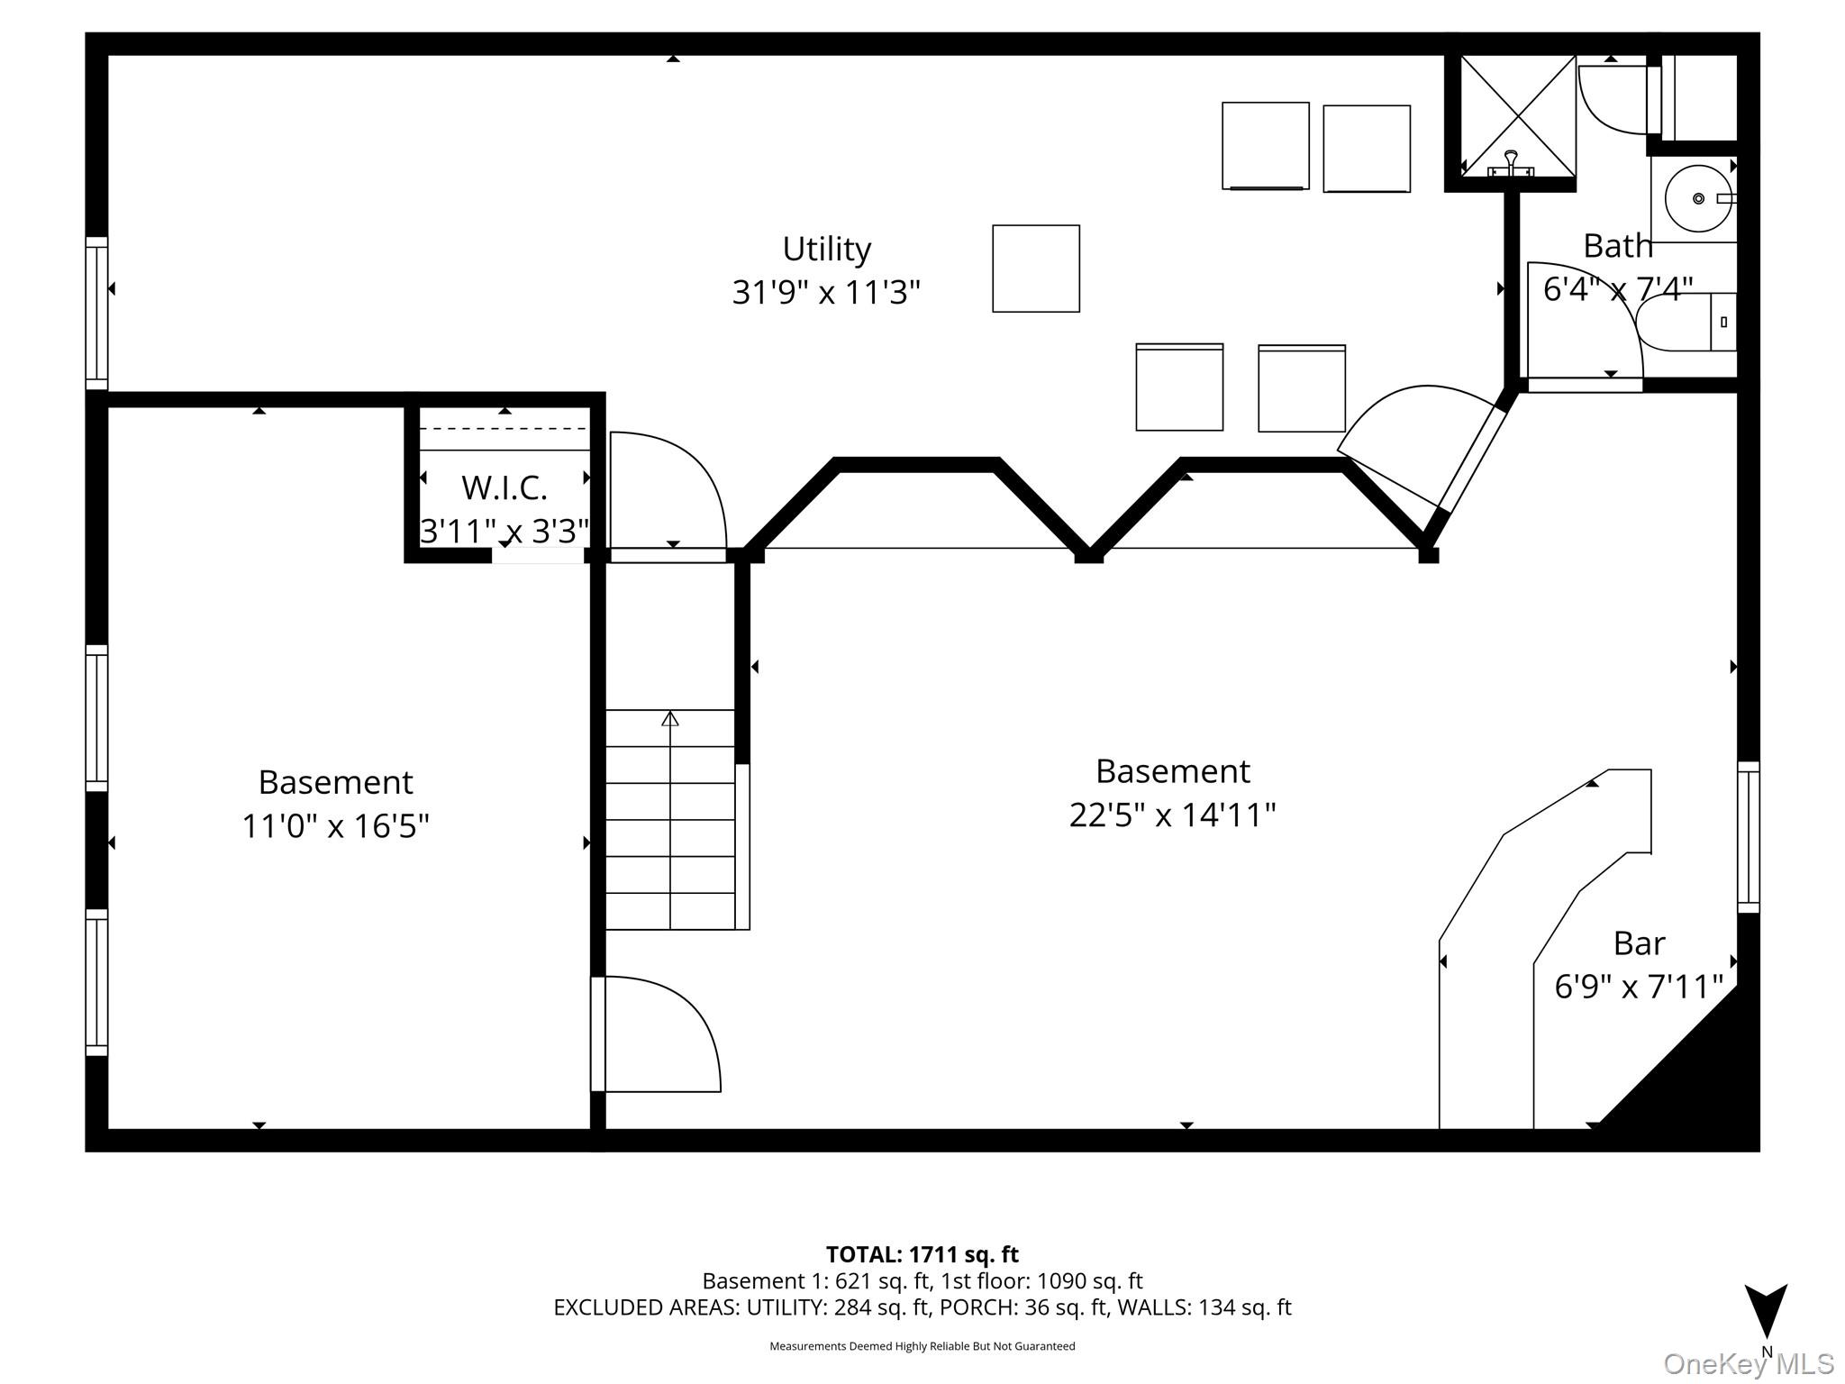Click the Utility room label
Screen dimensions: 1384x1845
tap(826, 249)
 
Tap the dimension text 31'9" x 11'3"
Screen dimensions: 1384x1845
tap(826, 292)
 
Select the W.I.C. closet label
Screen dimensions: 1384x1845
tap(504, 487)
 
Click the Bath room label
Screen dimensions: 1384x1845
tap(1617, 245)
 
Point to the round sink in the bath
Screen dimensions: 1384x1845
tap(1697, 198)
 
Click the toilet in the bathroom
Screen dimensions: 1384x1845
tap(1683, 322)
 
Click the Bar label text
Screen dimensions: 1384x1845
tap(1638, 943)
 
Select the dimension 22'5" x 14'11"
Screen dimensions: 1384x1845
tap(1172, 815)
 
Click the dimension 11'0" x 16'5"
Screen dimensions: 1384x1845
tap(335, 825)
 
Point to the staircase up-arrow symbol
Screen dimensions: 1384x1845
tap(669, 719)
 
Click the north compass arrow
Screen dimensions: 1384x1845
tap(1766, 1311)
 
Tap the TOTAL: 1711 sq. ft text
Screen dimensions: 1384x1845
tap(922, 1254)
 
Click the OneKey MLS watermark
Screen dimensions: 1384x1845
tap(1748, 1363)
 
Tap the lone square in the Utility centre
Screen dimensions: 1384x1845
tap(1035, 269)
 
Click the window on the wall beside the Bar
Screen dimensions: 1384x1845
tap(1748, 837)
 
